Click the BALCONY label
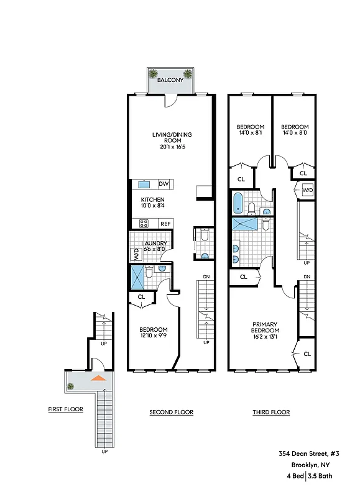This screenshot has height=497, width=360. click(x=169, y=81)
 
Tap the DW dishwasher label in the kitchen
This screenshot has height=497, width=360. click(x=164, y=184)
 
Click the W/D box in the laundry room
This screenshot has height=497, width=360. click(x=135, y=253)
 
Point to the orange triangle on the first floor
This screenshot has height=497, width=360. click(x=98, y=377)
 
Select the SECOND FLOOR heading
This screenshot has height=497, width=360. click(x=171, y=412)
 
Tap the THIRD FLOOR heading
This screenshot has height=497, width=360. click(x=271, y=412)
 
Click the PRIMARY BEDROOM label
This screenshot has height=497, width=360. click(x=264, y=327)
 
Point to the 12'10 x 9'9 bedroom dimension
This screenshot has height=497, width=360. click(x=153, y=336)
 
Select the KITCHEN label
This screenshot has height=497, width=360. click(x=152, y=199)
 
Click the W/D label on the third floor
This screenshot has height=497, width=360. click(x=307, y=191)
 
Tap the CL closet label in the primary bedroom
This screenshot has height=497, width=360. click(x=307, y=353)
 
